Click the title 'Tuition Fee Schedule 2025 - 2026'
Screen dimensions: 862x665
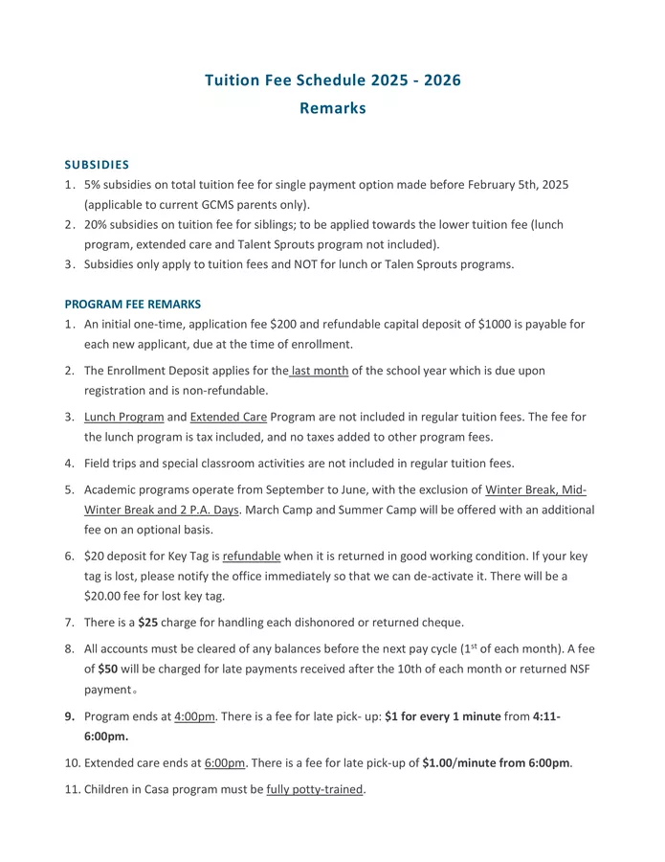(x=332, y=80)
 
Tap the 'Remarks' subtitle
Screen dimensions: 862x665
(x=332, y=108)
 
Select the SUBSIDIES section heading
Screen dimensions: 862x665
(x=97, y=165)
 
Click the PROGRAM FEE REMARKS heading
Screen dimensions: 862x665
(x=133, y=305)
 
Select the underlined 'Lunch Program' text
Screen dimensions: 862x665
(x=123, y=417)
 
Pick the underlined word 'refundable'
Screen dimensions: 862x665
(x=252, y=556)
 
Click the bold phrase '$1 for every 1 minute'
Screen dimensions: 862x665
(x=442, y=716)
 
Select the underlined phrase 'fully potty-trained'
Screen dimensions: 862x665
(x=315, y=789)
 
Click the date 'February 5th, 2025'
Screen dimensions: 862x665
(x=515, y=184)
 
